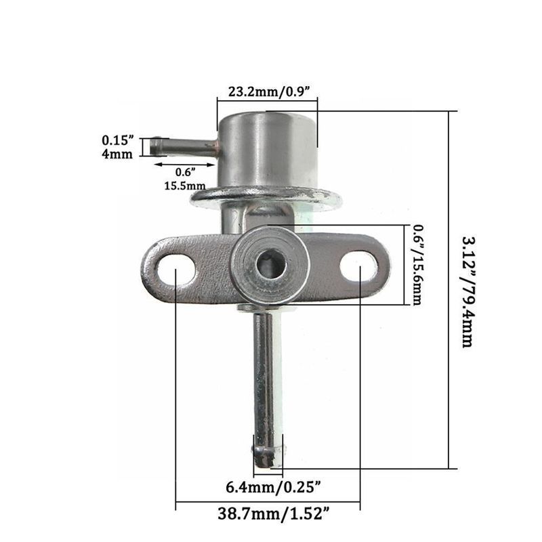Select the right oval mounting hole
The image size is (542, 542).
[358, 266]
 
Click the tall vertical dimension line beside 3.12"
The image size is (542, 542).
[450, 291]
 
